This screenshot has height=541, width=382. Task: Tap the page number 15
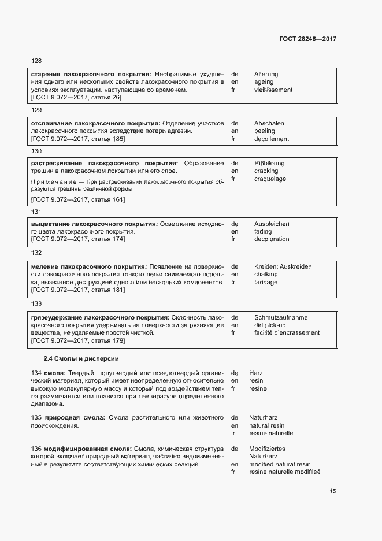point(332,491)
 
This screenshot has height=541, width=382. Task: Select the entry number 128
point(36,61)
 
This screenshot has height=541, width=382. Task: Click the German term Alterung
point(266,75)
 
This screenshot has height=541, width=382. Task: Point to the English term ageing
point(264,82)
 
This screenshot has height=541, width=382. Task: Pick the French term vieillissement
point(273,90)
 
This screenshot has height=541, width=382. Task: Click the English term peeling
point(264,131)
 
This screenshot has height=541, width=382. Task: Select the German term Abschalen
point(269,124)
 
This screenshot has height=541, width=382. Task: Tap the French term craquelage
point(270,179)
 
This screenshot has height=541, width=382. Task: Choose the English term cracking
point(266,171)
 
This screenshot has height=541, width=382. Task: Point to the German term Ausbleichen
point(272,224)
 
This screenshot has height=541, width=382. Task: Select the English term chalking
point(266,275)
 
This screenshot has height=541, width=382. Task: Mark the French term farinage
point(266,282)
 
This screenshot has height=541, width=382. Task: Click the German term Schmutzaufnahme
point(281,317)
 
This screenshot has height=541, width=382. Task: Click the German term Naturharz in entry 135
point(264,417)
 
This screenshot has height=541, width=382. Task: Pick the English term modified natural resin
point(280,464)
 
